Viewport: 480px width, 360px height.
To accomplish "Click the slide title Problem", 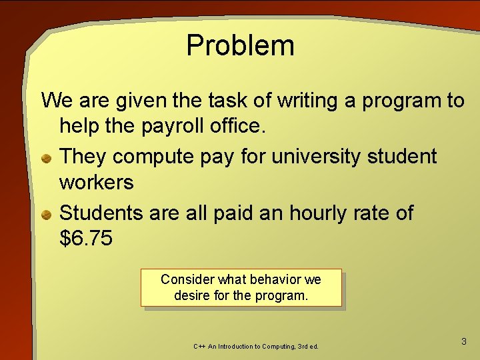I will [240, 45].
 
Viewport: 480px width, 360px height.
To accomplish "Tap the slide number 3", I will [464, 341].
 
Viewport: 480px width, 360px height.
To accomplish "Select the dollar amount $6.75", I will [86, 239].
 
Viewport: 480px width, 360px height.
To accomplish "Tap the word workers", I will [97, 182].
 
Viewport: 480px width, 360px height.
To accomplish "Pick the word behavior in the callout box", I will [275, 279].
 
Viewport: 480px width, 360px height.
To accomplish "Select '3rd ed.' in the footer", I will [305, 347].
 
